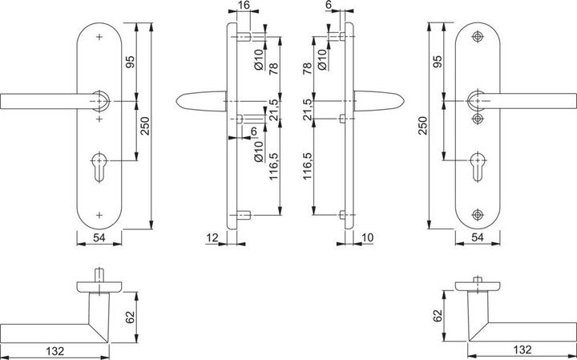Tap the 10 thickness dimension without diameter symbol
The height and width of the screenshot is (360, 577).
click(368, 237)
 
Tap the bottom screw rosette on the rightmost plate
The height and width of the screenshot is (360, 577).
click(478, 213)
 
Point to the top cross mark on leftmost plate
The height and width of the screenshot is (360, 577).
click(100, 37)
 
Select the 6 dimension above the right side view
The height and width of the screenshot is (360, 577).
click(329, 5)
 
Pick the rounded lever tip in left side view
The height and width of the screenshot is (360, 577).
click(181, 100)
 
